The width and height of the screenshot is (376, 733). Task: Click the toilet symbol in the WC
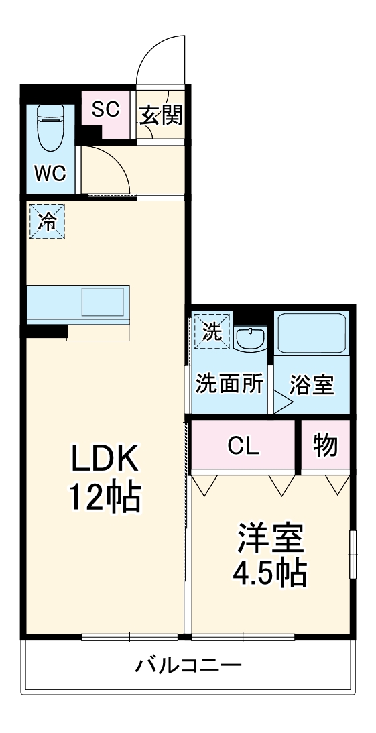tap(49, 128)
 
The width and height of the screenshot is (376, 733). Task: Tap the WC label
tap(50, 173)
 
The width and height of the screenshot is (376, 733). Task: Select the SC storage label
tap(105, 109)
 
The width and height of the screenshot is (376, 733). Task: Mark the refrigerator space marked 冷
tap(47, 220)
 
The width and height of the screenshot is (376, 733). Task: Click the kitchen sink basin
tap(103, 301)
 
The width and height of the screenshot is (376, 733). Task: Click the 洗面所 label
tap(229, 385)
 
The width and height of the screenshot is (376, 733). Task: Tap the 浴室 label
tap(312, 386)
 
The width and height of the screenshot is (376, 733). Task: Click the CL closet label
tap(243, 446)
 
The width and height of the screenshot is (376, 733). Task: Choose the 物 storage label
tap(325, 445)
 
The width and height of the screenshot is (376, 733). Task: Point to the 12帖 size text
tap(104, 498)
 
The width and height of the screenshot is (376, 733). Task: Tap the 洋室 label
tap(269, 538)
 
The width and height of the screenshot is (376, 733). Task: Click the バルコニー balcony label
tap(188, 666)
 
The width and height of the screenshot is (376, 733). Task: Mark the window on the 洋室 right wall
tap(353, 553)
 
